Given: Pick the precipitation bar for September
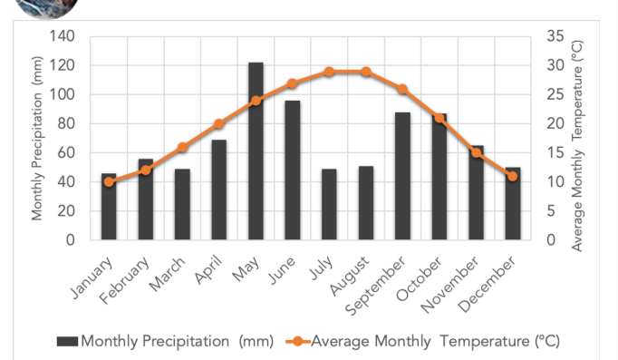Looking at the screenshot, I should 402,176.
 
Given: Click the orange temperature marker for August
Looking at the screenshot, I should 366,72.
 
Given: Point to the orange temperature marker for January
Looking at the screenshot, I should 109,181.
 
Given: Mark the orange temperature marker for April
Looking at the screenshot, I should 218,123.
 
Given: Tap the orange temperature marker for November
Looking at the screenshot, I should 476,152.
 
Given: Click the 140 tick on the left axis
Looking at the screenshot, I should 63,36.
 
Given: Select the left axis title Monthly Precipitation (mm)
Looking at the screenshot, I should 38,137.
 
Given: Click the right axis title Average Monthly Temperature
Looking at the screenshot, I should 579,145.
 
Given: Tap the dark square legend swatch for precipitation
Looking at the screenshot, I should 68,342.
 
